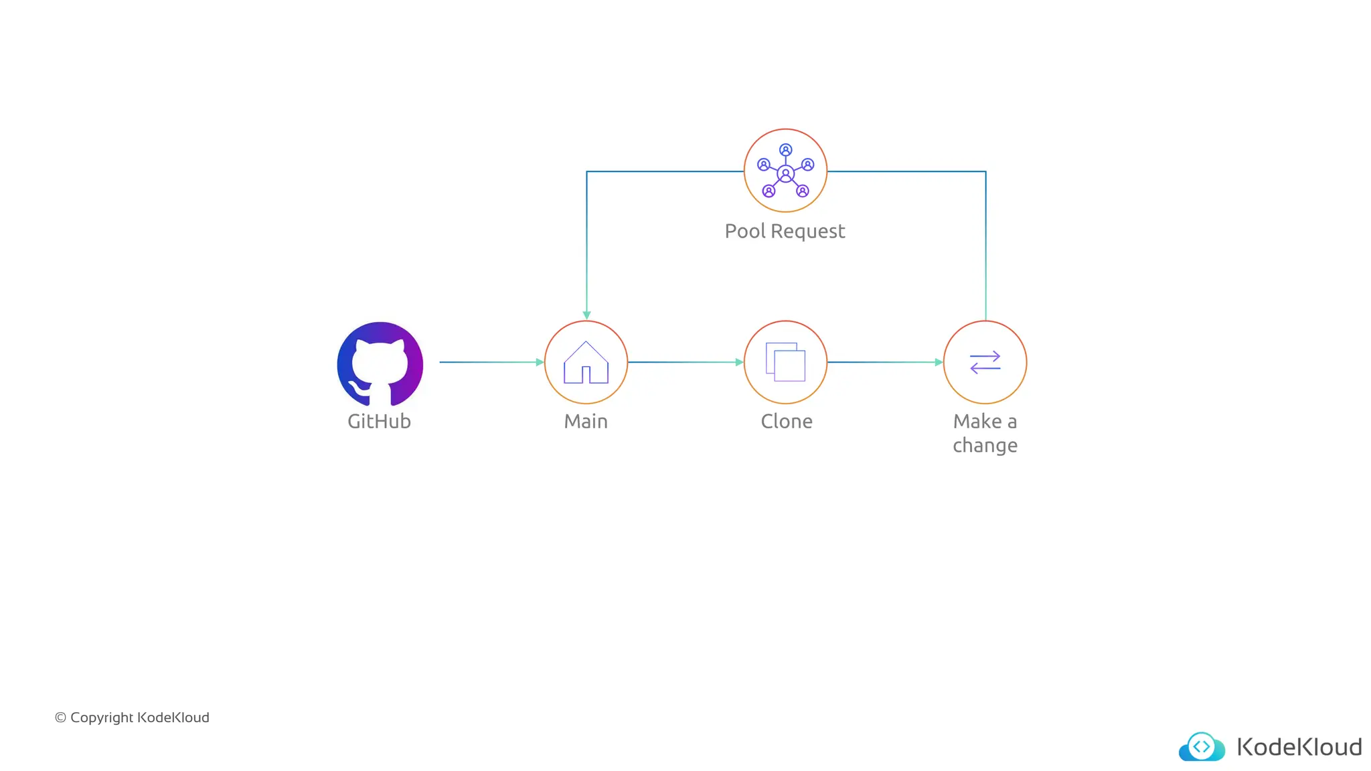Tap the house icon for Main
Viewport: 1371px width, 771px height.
(586, 363)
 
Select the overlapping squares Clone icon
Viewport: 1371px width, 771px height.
(785, 362)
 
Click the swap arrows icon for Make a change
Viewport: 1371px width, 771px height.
(985, 362)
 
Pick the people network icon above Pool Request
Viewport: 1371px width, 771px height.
(785, 171)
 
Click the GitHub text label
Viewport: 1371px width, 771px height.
(379, 421)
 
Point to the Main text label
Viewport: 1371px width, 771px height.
(586, 421)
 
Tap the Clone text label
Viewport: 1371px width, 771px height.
(787, 421)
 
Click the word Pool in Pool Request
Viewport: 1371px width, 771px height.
(744, 231)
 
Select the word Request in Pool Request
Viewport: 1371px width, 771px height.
(808, 231)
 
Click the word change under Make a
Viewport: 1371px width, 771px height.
(985, 445)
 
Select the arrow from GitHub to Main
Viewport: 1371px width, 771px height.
(491, 362)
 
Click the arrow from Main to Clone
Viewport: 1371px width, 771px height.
(685, 362)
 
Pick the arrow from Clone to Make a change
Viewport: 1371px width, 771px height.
(884, 362)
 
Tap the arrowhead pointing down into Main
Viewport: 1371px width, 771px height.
(586, 315)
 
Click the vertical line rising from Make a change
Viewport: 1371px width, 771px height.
(985, 254)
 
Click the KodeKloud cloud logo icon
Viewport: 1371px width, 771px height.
(1202, 747)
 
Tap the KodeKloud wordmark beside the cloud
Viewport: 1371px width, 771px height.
(1299, 747)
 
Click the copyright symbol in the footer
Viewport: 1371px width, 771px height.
(60, 717)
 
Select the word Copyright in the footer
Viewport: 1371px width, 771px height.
(102, 717)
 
